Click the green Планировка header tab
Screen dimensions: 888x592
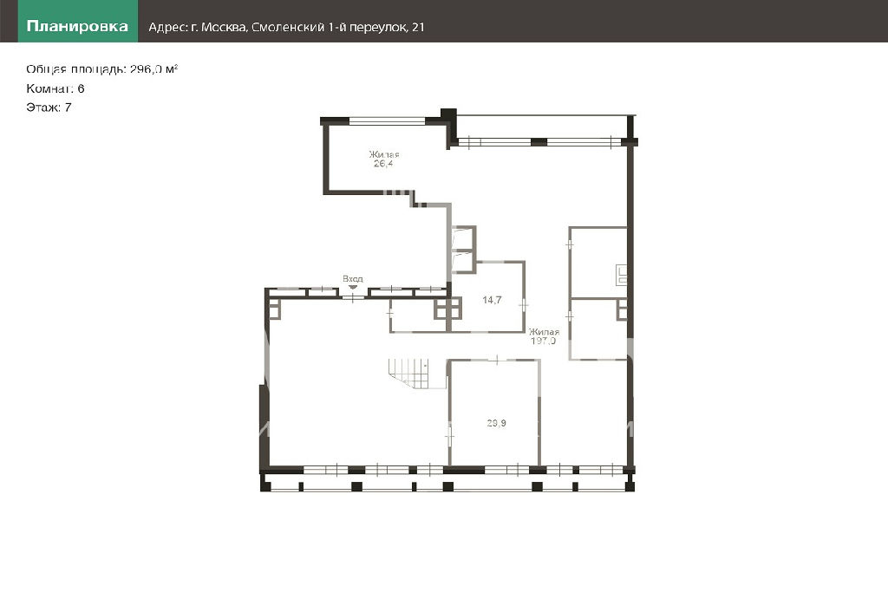click(78, 21)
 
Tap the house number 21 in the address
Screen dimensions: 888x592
click(418, 27)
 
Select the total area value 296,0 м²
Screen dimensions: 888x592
click(154, 69)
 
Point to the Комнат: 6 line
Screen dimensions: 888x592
click(55, 88)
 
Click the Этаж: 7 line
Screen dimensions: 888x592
click(49, 107)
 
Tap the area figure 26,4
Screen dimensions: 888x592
click(383, 164)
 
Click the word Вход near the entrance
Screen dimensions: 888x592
click(353, 278)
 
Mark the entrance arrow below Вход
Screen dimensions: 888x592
click(353, 286)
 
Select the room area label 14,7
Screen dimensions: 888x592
click(492, 300)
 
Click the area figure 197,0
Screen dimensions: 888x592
click(543, 341)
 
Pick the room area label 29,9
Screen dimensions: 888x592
click(497, 423)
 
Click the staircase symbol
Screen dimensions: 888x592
click(417, 374)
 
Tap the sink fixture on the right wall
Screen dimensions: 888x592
click(621, 275)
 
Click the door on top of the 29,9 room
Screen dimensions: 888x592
click(497, 360)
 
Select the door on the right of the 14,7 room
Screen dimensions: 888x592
click(524, 305)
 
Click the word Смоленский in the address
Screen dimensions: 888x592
click(288, 27)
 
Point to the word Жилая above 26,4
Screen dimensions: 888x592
click(384, 154)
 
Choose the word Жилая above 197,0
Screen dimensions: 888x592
click(544, 332)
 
